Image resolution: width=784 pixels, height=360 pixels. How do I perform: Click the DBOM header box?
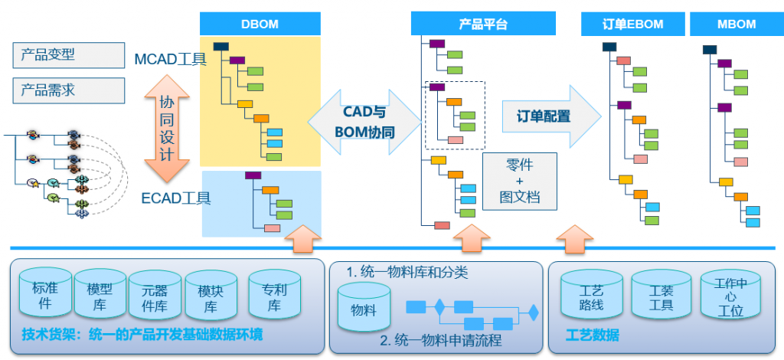coord(260,25)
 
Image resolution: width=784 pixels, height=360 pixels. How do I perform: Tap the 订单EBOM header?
coord(632,25)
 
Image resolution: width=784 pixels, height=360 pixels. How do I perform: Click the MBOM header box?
coord(736,25)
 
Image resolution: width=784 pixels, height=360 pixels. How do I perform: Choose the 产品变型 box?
coord(69,55)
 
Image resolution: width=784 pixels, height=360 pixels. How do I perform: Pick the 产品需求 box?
coord(69,90)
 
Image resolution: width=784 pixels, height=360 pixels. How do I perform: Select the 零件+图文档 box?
coord(520,181)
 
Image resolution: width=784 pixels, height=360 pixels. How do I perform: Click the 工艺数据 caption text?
coord(592,336)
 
